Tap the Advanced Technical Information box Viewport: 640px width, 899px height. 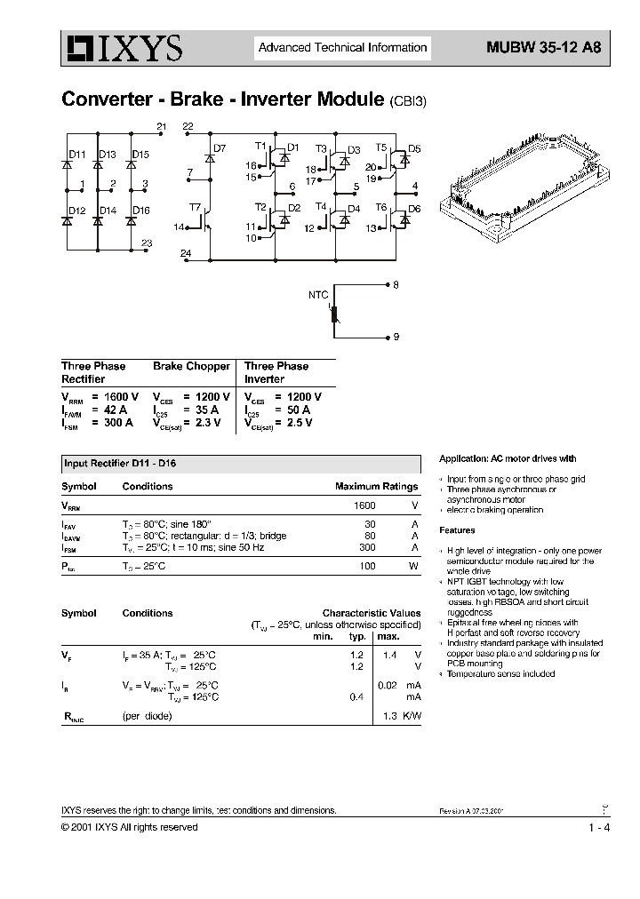(342, 48)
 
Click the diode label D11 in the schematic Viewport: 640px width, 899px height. (77, 155)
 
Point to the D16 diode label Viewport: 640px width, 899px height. (140, 211)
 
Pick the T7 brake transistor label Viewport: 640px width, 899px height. (195, 207)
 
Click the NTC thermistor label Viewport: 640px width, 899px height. (317, 294)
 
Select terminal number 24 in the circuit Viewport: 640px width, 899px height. (185, 253)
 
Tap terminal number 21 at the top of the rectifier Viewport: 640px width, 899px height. (161, 127)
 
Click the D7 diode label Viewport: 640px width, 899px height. (220, 147)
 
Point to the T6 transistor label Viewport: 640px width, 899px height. (380, 207)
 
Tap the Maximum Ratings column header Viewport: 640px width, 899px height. (376, 487)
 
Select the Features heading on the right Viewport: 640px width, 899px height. (457, 530)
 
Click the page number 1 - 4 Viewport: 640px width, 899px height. (598, 828)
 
